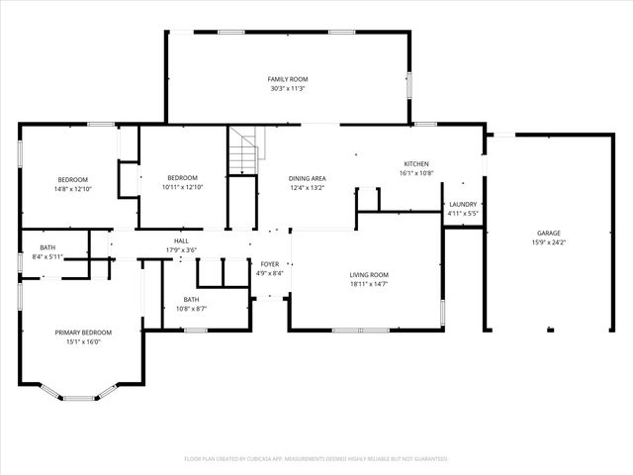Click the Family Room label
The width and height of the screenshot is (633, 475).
(x=288, y=78)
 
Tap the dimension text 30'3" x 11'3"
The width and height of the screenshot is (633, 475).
(x=288, y=88)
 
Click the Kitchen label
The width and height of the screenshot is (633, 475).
(x=416, y=163)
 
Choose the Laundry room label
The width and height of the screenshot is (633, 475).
(x=463, y=204)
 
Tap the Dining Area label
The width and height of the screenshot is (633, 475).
(x=308, y=178)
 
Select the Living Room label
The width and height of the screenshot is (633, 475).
(x=369, y=274)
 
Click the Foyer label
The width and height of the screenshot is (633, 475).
(x=269, y=263)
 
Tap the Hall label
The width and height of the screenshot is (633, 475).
(x=182, y=240)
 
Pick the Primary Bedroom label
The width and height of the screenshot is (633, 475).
(x=83, y=332)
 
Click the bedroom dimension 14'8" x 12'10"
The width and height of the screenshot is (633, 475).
(x=72, y=188)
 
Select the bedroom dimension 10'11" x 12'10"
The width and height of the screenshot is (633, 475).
(x=182, y=188)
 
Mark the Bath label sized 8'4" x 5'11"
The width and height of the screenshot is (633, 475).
(x=47, y=256)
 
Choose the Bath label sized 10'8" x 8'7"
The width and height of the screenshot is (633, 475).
(x=191, y=309)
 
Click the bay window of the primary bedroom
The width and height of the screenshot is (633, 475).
(x=80, y=396)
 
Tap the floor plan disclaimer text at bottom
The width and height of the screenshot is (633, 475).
(x=316, y=459)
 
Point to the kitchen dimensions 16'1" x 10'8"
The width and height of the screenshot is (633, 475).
(x=416, y=173)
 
